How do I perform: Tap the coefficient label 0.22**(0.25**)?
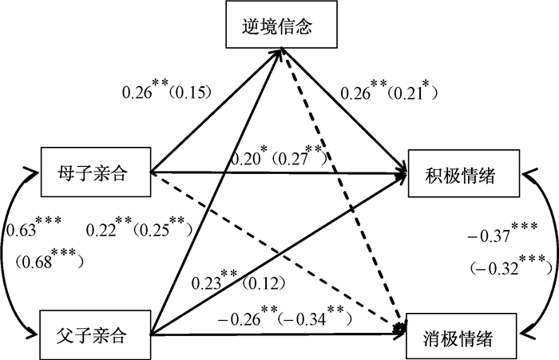137,231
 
